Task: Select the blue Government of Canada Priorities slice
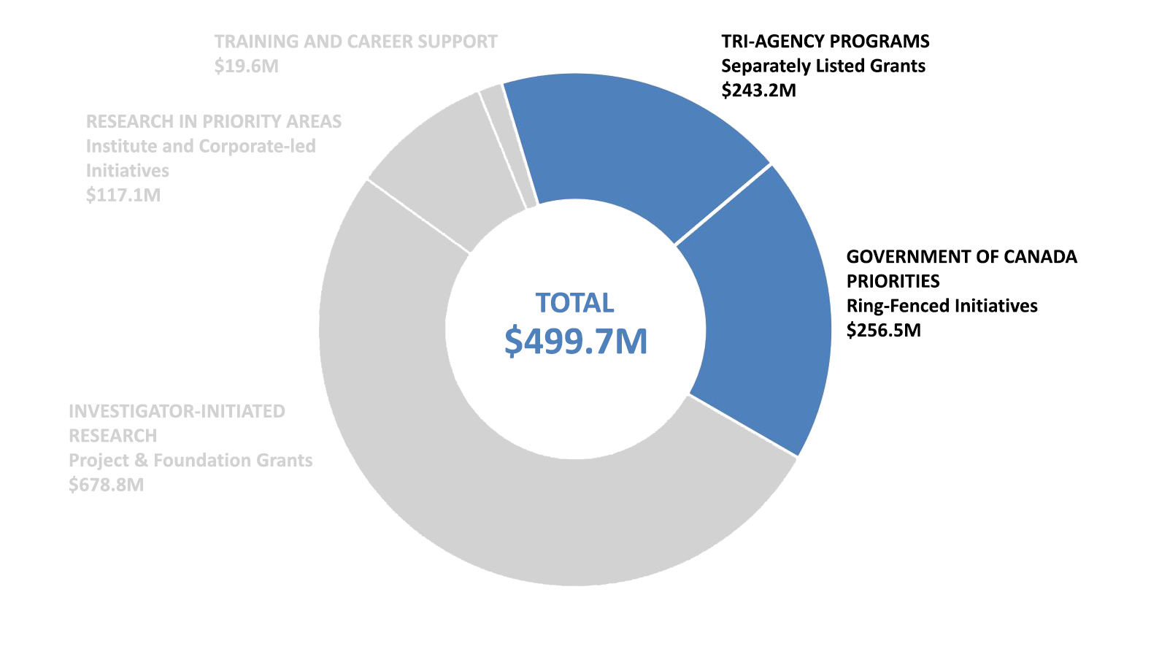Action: point(759,307)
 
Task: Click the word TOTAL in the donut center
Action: point(575,303)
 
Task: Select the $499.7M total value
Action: point(575,342)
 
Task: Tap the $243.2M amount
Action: point(758,91)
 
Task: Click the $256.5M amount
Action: point(883,331)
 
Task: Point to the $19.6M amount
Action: point(246,66)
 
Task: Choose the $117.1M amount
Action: point(123,196)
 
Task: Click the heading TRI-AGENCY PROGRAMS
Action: point(825,42)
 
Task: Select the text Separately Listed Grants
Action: point(823,66)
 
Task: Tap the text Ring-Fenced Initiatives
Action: point(942,306)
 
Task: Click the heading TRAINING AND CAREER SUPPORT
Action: point(355,42)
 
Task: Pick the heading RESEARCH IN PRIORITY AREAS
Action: point(213,121)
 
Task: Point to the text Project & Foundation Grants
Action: point(190,461)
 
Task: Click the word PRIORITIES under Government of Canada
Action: point(893,282)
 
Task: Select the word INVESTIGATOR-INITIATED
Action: point(177,412)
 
